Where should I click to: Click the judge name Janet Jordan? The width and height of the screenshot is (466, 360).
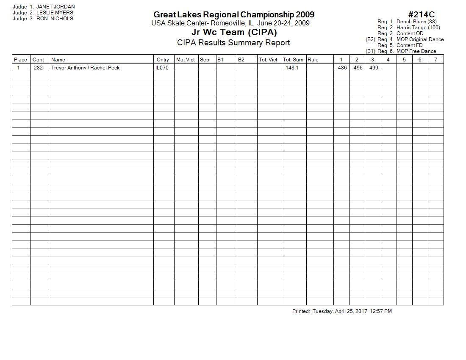click(x=55, y=7)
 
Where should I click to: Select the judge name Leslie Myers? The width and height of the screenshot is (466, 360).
click(x=55, y=13)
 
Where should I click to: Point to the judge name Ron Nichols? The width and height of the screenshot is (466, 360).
click(x=55, y=19)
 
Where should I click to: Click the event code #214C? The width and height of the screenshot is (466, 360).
click(x=422, y=15)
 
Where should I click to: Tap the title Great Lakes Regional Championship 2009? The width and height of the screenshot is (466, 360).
click(x=234, y=15)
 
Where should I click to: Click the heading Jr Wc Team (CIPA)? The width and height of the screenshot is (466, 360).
click(x=234, y=33)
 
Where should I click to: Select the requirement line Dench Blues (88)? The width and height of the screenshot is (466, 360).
click(x=416, y=22)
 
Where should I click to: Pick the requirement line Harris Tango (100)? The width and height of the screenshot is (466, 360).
click(x=418, y=28)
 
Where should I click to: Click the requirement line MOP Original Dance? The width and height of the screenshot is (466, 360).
click(x=420, y=39)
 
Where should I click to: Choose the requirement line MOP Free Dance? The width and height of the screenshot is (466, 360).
click(x=416, y=51)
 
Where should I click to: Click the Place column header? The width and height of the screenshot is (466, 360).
click(x=20, y=60)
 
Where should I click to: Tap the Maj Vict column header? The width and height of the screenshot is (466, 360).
click(x=186, y=60)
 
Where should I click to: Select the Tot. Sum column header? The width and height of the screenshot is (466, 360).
click(x=293, y=60)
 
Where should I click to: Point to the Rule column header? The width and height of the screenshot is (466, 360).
click(x=313, y=60)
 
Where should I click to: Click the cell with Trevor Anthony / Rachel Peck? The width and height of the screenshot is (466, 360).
click(x=86, y=68)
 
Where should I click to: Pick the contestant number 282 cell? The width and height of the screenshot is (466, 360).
click(x=38, y=68)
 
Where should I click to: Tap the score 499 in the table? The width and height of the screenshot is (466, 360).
click(x=374, y=68)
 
